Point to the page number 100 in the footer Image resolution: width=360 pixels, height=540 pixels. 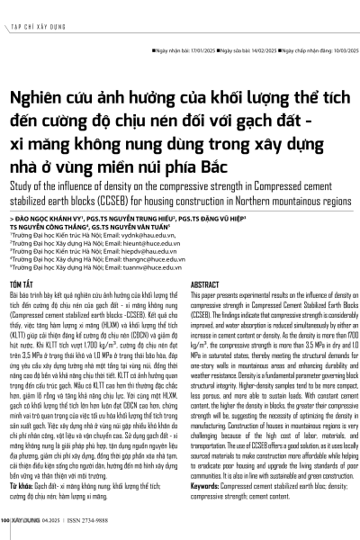(x=5, y=519)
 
